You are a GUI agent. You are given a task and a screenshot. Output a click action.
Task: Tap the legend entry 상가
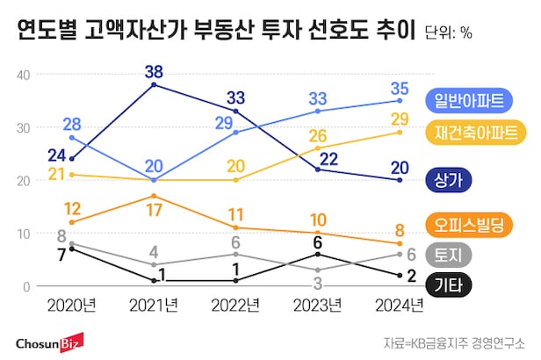(x=454, y=179)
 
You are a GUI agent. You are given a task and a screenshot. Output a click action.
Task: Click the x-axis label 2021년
(x=155, y=306)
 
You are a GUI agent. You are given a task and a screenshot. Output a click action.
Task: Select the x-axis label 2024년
(x=400, y=306)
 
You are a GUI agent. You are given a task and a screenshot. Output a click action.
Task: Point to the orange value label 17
(x=155, y=211)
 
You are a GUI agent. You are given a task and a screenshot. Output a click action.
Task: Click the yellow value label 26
(x=318, y=135)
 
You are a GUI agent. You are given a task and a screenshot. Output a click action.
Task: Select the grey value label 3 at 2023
(x=318, y=283)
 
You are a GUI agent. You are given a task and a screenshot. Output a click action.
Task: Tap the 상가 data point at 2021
(x=155, y=84)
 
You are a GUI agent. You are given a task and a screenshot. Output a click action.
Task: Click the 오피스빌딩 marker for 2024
(x=400, y=243)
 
